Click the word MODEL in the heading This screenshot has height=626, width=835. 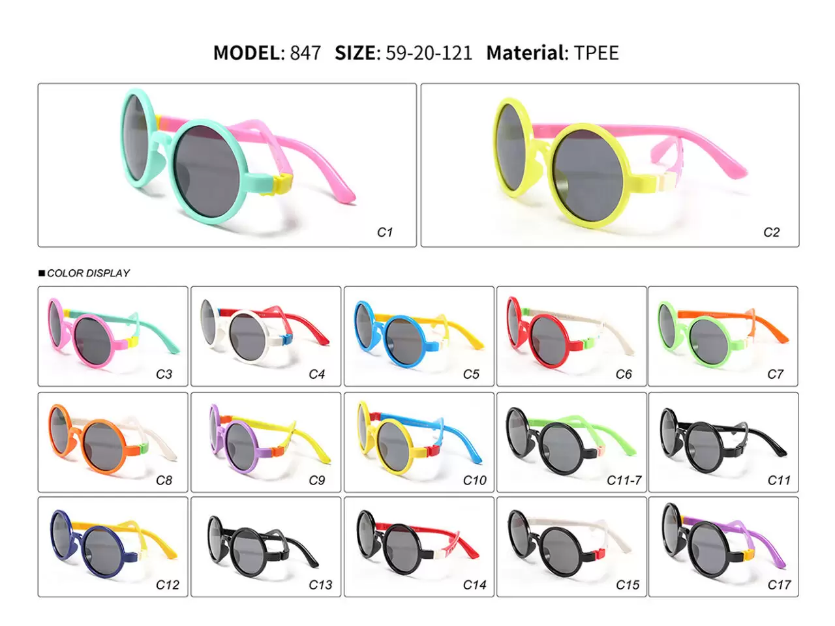[x=247, y=53]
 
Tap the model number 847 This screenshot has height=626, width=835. [x=305, y=53]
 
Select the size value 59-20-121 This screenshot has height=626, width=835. [x=429, y=53]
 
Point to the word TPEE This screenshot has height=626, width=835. [x=596, y=53]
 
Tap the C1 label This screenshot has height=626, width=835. [x=385, y=232]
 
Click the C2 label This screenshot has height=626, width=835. [x=771, y=232]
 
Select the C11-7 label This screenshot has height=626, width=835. [x=624, y=480]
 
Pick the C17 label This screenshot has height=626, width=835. [x=779, y=584]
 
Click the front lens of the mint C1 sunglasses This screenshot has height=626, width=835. [x=207, y=171]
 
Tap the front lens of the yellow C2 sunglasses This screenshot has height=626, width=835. [x=589, y=175]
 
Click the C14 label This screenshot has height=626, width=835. [x=474, y=584]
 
